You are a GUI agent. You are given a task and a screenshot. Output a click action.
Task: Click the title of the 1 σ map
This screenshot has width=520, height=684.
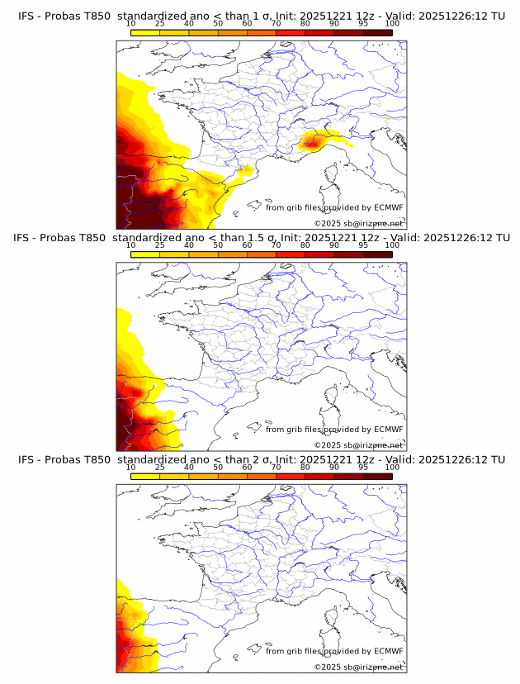[261, 16]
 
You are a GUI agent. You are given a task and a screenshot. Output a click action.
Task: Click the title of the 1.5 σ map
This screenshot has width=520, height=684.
[261, 237]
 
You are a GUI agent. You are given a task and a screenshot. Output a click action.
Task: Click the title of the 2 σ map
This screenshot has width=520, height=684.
[261, 459]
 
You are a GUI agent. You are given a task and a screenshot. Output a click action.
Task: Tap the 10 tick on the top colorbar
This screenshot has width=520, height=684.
[131, 24]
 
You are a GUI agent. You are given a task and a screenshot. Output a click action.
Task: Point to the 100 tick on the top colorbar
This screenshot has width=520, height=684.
[392, 24]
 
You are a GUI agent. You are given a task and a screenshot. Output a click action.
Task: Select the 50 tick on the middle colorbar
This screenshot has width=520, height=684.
[218, 245]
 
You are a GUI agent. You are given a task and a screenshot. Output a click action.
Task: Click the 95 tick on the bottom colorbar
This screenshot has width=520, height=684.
[363, 468]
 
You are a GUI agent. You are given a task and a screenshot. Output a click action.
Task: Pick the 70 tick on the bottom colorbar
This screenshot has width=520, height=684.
[276, 468]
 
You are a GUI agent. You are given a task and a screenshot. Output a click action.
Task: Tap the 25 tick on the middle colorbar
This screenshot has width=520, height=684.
[160, 245]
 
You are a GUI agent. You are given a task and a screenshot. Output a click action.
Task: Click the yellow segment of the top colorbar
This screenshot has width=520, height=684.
[145, 32]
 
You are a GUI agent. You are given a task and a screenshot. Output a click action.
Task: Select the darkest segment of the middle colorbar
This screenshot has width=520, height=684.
[377, 254]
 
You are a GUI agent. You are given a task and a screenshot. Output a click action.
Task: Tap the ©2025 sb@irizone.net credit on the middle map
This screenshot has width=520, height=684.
[358, 445]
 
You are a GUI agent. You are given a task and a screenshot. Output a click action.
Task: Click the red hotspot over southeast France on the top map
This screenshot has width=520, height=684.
[311, 142]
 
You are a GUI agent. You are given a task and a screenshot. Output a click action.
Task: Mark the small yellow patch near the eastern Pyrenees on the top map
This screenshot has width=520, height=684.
[245, 171]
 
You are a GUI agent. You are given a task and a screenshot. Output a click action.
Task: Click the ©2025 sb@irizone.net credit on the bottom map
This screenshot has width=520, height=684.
[358, 667]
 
